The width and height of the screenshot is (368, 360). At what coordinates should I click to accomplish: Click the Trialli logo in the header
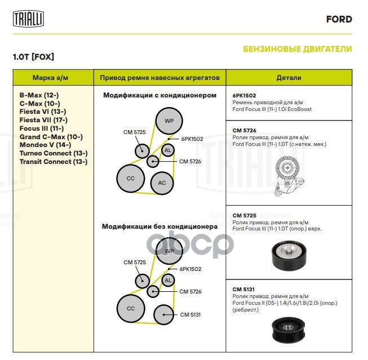pos(28,19)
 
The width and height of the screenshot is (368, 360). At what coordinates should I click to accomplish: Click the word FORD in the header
pos(339,19)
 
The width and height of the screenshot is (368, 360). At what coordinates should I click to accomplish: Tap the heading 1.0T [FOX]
pos(33,57)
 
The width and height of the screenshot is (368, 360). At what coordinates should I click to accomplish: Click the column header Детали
pos(289,78)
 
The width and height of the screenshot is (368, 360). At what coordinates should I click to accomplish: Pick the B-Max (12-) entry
pos(39,95)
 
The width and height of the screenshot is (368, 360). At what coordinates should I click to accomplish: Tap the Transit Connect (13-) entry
pos(53,162)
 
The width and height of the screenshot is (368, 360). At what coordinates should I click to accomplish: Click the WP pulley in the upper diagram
pos(169,121)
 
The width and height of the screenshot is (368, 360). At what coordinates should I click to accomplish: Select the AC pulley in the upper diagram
pos(162,183)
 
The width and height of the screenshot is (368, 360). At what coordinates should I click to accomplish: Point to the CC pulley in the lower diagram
pos(131,308)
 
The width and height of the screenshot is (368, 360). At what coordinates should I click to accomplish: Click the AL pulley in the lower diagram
pos(167,281)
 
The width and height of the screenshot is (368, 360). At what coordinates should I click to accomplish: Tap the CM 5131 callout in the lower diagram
pos(190,314)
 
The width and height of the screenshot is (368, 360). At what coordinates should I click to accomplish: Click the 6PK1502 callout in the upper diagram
pos(192,138)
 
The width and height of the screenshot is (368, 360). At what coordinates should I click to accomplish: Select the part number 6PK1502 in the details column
pos(244,95)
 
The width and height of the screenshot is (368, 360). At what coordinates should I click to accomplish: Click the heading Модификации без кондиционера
pos(159,226)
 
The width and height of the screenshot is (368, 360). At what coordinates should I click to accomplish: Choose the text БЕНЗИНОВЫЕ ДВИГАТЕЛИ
pos(298,49)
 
